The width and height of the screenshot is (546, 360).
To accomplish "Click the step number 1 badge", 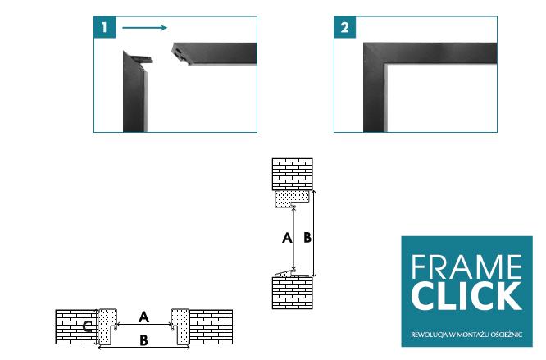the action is point(104,27).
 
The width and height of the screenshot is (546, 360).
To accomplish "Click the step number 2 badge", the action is point(344,27).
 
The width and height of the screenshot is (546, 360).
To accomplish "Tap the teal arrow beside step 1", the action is point(145,28).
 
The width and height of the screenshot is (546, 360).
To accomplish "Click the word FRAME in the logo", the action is point(466,267).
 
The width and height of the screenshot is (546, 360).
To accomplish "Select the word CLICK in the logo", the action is point(466,296).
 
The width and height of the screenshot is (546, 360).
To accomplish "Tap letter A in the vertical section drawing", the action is point(287,238).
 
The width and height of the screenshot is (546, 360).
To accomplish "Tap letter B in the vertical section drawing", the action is point(307,238).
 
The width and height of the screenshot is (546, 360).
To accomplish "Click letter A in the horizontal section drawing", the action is point(143,317).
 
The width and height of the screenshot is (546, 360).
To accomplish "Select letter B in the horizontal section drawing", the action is point(143,340).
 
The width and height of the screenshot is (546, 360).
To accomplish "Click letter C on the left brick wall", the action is point(88,326).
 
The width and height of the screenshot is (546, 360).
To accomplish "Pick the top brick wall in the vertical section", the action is point(292,175).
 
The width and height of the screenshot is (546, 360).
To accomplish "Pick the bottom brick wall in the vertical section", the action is point(292,293).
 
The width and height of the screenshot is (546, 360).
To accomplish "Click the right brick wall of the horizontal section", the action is point(211,327).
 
